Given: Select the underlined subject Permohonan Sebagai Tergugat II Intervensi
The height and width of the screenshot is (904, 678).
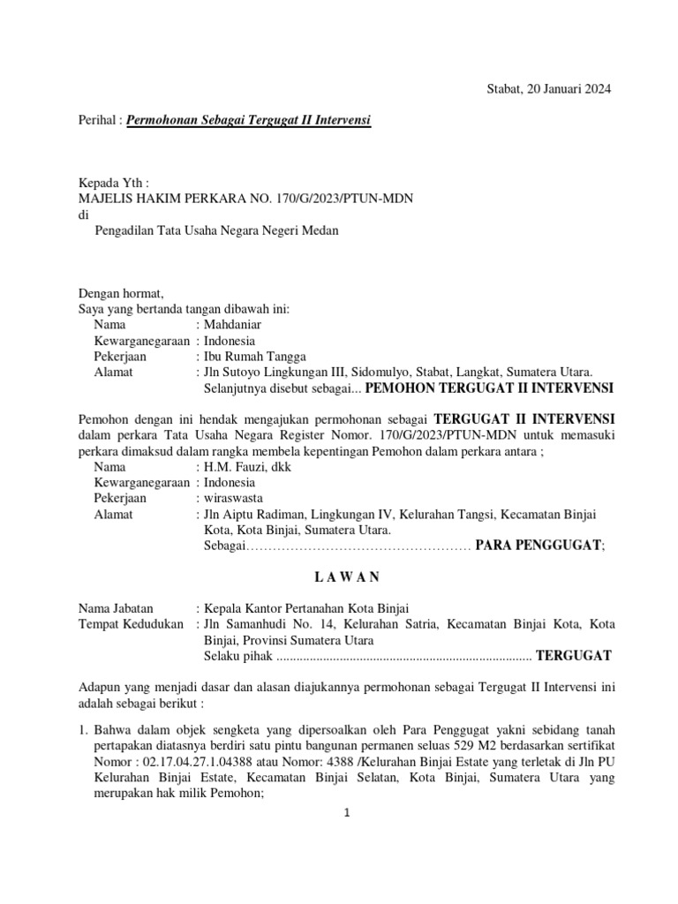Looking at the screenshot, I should point(249,119).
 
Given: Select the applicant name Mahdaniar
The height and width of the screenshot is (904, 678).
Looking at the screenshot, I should point(233,325).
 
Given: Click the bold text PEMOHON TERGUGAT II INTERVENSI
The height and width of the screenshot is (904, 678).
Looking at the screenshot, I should point(491,388).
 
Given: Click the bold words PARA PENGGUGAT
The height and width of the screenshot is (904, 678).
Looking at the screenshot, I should point(539,546).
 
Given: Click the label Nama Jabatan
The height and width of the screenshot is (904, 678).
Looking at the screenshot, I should point(116,608).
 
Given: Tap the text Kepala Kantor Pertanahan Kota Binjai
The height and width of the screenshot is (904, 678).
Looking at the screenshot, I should point(307,608).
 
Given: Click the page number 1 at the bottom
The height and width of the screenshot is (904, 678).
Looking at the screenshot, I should point(348,813).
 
